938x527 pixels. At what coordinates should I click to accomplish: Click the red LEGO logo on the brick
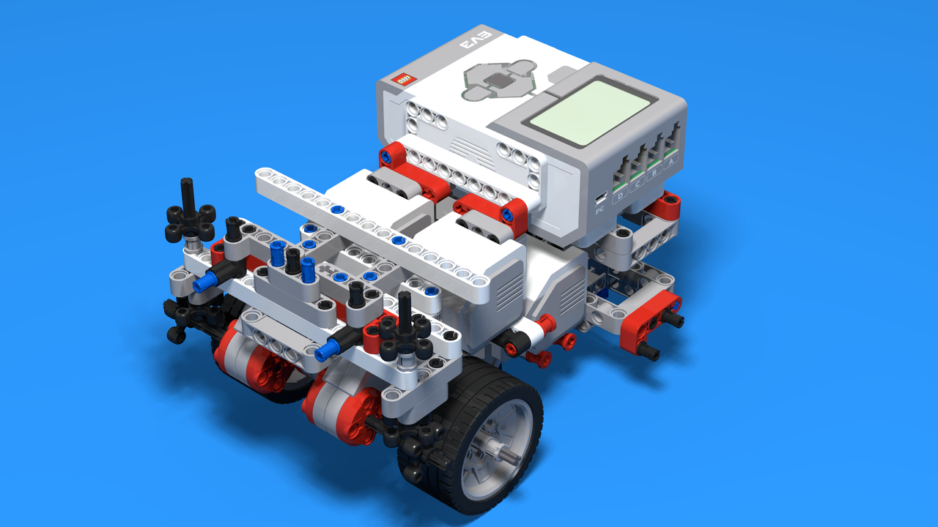coord(404,78)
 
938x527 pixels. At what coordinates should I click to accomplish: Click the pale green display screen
coord(578,111)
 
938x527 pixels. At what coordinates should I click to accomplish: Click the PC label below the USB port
coord(599,210)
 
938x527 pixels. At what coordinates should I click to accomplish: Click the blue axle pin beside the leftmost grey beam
coord(207,280)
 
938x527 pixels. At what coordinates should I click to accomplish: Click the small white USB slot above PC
coord(600,198)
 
